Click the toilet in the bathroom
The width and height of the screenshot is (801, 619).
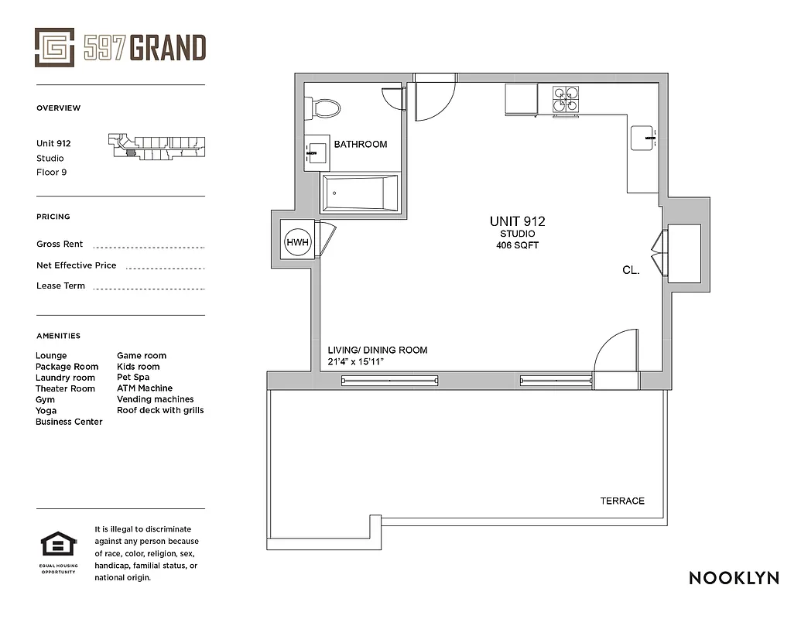323,108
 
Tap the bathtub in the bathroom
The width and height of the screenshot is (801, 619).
360,193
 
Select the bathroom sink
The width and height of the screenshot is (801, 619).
315,153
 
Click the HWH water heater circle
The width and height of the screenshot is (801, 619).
298,242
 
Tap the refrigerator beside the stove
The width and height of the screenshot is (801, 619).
520,100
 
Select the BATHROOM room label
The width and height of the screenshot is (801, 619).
361,145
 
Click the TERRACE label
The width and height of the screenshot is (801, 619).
622,501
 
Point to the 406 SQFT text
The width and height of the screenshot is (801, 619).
517,245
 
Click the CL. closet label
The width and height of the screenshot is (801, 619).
631,271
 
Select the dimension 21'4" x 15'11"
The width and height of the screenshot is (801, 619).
356,362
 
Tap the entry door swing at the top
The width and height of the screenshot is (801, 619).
434,99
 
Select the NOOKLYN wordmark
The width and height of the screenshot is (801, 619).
733,578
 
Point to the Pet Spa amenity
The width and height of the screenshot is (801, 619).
133,378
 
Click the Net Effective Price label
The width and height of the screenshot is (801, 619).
76,265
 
